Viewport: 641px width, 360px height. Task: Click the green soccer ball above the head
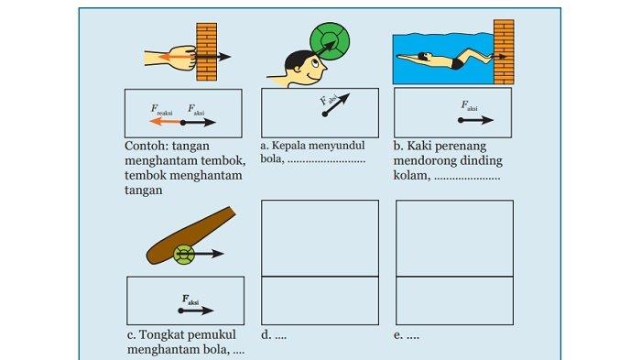(x=330, y=41)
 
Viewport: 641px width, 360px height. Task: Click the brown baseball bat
(x=190, y=235)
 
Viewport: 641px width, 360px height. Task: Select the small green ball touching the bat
(x=184, y=255)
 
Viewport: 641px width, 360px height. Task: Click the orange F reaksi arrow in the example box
(x=166, y=122)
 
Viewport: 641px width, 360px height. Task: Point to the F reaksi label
(x=161, y=110)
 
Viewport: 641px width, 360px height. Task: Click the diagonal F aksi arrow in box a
(x=336, y=105)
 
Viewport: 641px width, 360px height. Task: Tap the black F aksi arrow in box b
(x=476, y=120)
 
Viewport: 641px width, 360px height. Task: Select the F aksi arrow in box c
(x=196, y=311)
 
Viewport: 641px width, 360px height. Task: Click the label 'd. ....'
(x=274, y=335)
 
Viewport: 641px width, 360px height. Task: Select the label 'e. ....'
(x=407, y=335)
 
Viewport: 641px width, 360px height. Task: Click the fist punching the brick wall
(x=183, y=58)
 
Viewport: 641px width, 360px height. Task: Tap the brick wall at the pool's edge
(x=504, y=51)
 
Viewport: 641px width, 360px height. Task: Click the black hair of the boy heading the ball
(x=298, y=61)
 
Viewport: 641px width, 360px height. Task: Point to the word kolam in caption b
(x=412, y=175)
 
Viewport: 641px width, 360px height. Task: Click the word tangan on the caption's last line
(x=144, y=191)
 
